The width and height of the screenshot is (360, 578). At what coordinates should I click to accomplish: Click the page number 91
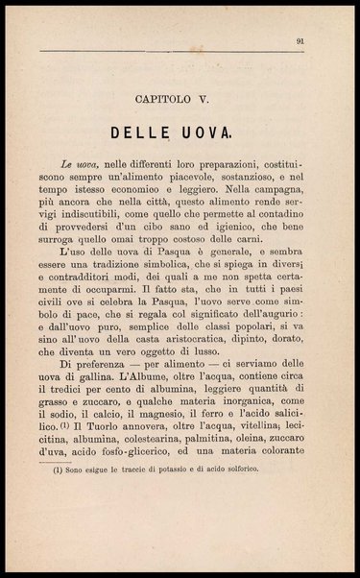[300, 40]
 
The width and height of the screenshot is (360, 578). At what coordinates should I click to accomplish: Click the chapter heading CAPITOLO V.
[180, 97]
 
